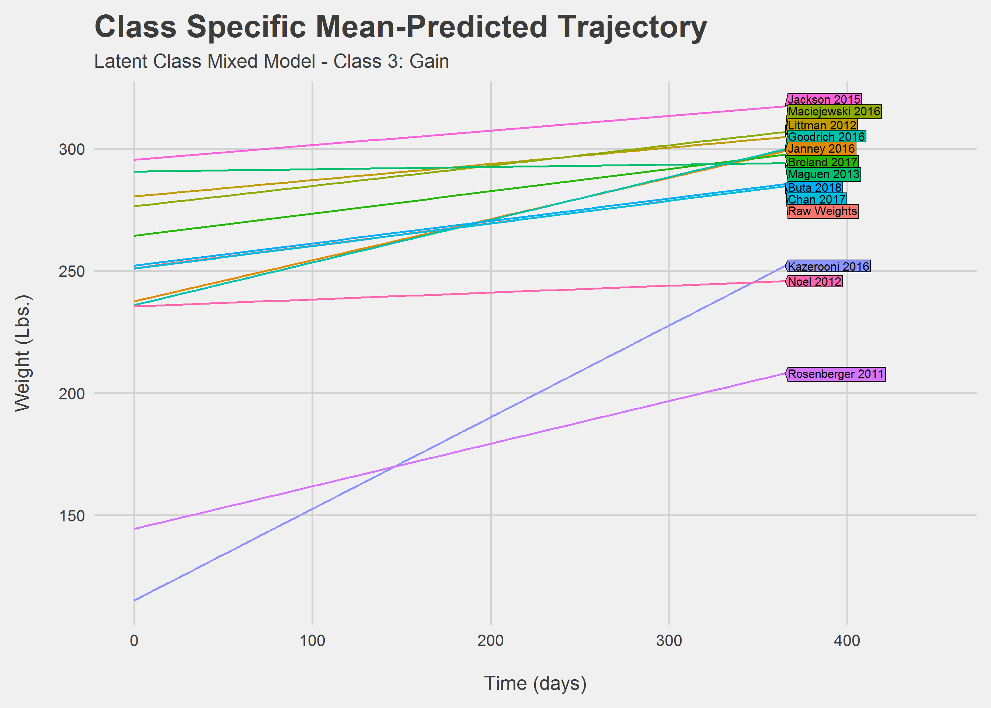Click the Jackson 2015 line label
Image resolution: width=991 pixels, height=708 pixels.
(824, 100)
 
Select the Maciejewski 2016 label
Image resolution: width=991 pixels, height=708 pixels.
(834, 112)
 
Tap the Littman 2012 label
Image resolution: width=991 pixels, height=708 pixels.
(822, 125)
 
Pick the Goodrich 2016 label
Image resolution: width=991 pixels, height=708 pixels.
(826, 137)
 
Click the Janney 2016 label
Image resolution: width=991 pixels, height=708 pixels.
(821, 149)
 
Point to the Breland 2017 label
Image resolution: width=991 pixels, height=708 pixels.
(823, 162)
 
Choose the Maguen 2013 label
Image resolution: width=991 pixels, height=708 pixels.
(824, 174)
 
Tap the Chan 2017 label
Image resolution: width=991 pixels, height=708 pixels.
(817, 199)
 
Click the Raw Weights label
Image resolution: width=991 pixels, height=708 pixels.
(823, 211)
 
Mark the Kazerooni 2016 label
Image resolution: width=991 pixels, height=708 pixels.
(828, 266)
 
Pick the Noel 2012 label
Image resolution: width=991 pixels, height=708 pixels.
(814, 282)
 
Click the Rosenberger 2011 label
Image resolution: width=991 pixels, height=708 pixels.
(836, 374)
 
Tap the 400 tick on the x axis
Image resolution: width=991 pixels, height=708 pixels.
(847, 641)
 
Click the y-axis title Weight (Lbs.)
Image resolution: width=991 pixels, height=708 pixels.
(22, 353)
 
